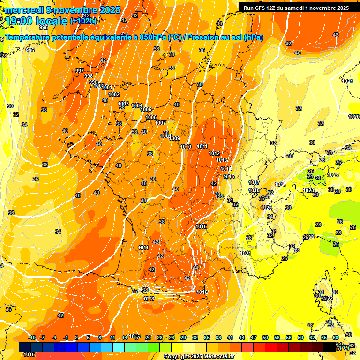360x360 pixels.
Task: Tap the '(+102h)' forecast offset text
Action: coord(83,21)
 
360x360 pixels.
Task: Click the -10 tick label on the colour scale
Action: coord(32,337)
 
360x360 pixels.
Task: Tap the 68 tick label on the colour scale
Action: coord(336,337)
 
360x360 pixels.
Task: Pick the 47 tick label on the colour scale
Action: coord(254,337)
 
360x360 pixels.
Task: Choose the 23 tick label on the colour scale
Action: coord(160,337)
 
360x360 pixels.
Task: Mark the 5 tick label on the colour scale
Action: coord(88,337)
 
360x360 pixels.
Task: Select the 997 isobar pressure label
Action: coord(80,71)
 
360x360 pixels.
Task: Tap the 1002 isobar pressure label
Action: coord(114,94)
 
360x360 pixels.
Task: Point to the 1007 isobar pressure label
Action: coord(160,123)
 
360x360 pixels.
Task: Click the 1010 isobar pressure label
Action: coord(186,147)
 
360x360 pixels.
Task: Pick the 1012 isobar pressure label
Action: coord(214,153)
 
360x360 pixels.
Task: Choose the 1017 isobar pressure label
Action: coord(254,182)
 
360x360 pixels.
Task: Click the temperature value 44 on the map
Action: coord(195,268)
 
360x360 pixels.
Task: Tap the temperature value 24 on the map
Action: coord(317,178)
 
